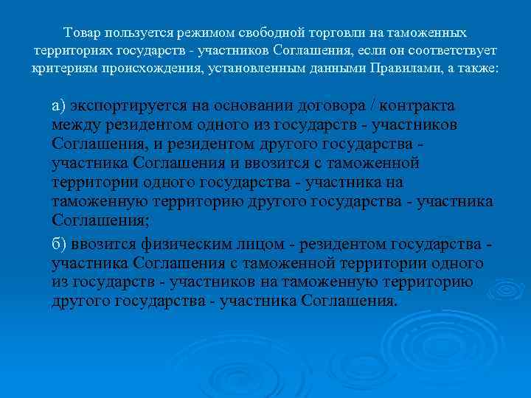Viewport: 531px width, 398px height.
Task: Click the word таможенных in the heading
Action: (429, 34)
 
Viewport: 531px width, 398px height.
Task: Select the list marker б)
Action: (60, 245)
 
